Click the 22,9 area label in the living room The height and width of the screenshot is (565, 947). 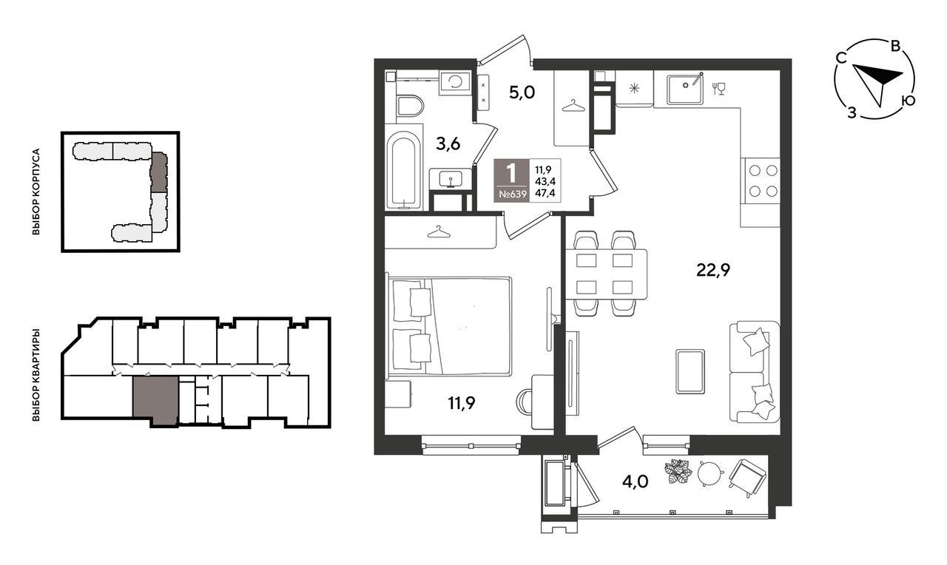point(713,269)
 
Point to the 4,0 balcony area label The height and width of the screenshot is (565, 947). point(635,481)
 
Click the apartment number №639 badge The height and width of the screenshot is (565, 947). point(513,194)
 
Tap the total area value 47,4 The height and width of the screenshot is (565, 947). point(545,194)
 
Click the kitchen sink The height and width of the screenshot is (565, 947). point(685,89)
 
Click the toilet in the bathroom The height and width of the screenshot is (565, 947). point(410,105)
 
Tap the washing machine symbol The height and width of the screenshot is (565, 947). point(455,82)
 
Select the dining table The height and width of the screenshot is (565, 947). point(606,274)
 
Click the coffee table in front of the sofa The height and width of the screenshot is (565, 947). point(690,371)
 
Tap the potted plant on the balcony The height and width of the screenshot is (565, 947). point(678,471)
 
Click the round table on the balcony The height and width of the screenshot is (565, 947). point(710,473)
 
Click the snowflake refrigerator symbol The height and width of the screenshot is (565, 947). point(634,88)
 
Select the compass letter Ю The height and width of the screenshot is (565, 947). point(908,101)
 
